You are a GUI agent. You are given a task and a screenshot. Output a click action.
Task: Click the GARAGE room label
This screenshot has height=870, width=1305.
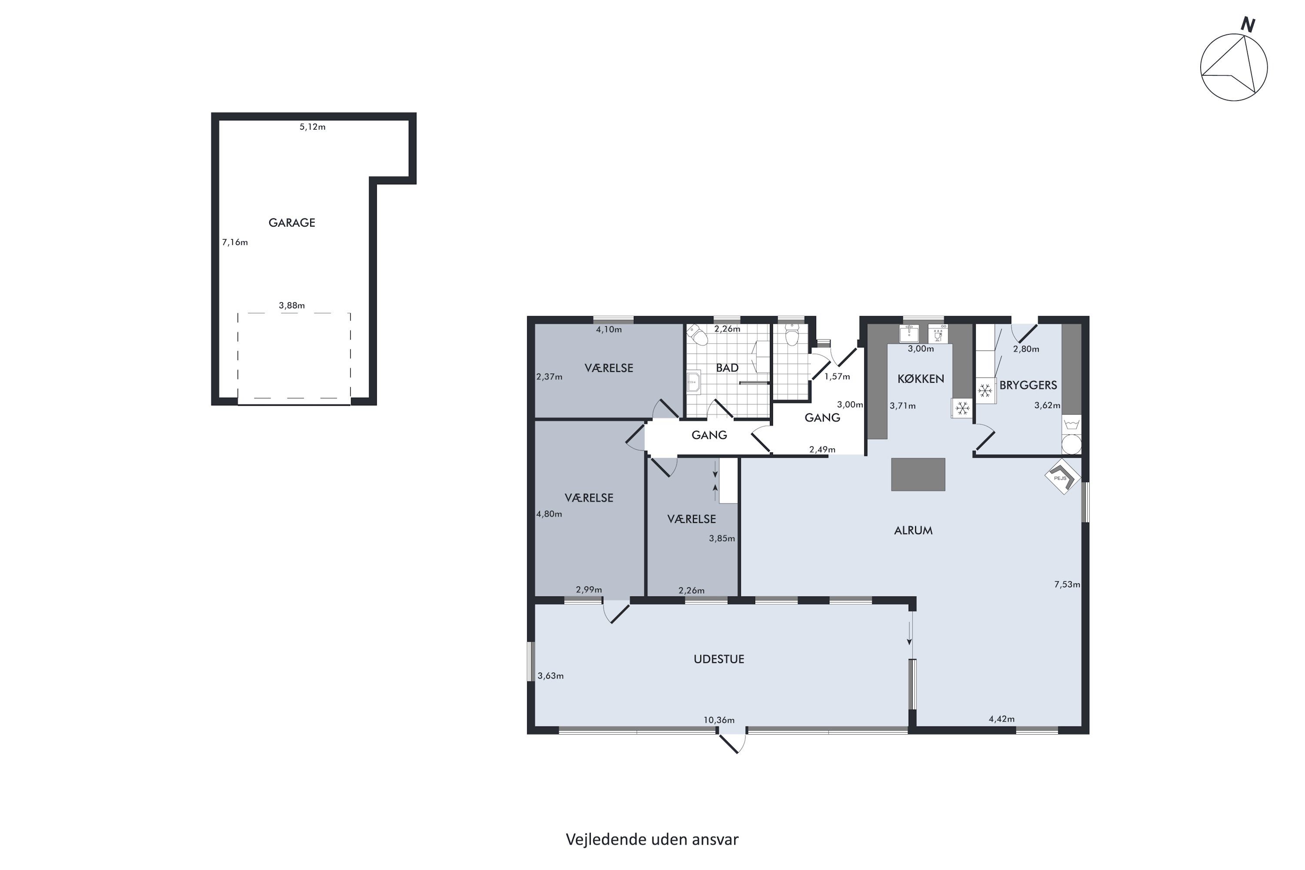(x=291, y=222)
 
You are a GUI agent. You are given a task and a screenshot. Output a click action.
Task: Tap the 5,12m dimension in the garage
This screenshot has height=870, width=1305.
(x=312, y=127)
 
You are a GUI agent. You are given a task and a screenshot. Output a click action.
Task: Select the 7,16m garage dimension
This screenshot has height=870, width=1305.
(x=235, y=242)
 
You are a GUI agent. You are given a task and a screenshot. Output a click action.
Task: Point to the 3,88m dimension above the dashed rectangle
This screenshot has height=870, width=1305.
(x=291, y=305)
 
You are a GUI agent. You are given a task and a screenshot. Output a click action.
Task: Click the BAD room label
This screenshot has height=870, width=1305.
(x=727, y=368)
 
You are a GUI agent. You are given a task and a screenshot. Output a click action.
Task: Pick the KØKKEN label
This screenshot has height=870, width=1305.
(x=920, y=379)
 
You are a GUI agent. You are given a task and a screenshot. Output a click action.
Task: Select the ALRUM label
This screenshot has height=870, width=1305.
(x=913, y=530)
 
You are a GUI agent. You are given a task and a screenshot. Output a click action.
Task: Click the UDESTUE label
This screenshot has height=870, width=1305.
(x=719, y=659)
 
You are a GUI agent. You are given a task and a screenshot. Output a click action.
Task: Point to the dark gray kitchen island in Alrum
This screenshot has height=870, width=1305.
(x=918, y=475)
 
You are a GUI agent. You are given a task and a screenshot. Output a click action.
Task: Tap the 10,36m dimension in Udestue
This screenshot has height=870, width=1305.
(x=719, y=720)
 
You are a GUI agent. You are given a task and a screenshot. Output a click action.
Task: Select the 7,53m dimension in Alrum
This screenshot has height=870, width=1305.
(x=1067, y=584)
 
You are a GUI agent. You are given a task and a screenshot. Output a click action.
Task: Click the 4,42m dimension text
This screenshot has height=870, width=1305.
(x=1001, y=719)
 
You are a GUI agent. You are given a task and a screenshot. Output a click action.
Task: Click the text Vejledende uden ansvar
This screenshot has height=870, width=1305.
(x=652, y=840)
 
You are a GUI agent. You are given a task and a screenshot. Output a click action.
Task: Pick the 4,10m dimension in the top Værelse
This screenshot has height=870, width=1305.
(x=609, y=330)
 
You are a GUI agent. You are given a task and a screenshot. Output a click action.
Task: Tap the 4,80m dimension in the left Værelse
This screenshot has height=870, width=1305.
(x=549, y=514)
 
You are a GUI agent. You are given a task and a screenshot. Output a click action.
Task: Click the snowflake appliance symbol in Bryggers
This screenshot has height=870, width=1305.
(x=985, y=391)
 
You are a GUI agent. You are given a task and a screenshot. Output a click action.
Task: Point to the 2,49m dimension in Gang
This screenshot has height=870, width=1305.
(x=822, y=449)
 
